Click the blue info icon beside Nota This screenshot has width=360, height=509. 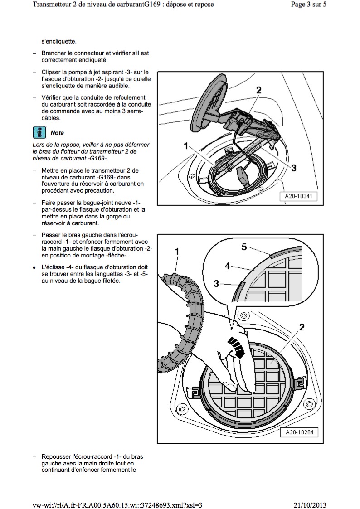pos(39,132)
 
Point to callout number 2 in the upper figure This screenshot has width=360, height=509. pos(258,90)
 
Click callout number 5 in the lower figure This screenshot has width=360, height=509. pos(243,247)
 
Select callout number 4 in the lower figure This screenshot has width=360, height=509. pos(228,266)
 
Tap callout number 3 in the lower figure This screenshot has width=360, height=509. pos(216,284)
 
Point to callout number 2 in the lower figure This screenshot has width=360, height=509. pos(302,326)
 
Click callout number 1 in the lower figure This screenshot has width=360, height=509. pos(177,251)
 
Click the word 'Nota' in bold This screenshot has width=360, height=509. pos(57,133)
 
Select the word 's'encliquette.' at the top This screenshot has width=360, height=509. pos(59,40)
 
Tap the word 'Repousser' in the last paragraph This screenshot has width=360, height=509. pos(55,456)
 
